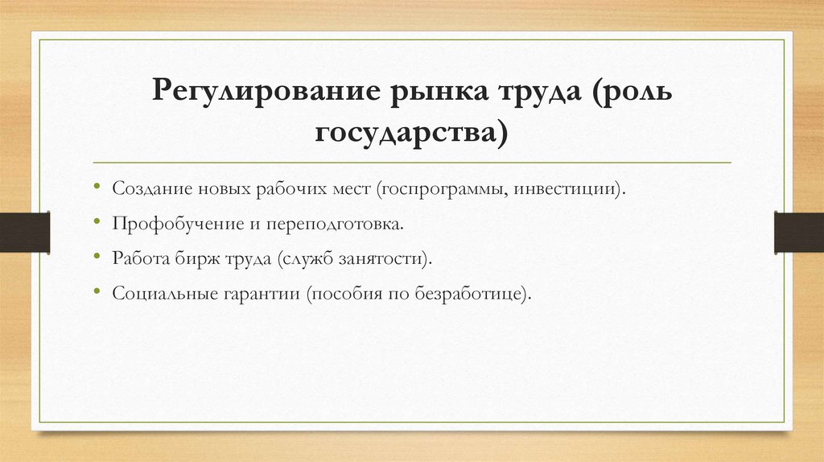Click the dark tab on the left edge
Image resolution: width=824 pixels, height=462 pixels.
pyautogui.click(x=24, y=230)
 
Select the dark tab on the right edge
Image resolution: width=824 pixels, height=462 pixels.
pyautogui.click(x=798, y=230)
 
